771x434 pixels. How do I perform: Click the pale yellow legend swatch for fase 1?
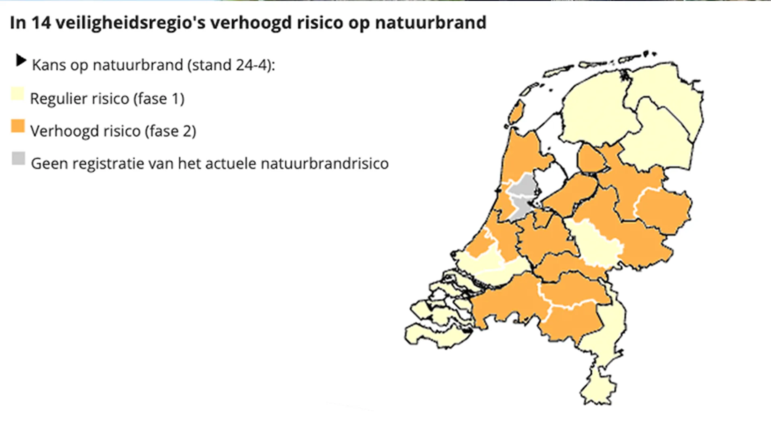click(x=17, y=94)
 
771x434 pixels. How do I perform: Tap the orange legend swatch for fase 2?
click(x=18, y=126)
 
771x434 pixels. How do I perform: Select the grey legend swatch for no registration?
click(x=18, y=158)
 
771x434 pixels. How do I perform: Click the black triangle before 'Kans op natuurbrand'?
click(x=20, y=61)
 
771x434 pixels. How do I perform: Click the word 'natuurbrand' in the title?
click(x=430, y=23)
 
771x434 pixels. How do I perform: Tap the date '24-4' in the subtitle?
click(x=251, y=65)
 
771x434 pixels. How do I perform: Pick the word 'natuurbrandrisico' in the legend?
click(x=324, y=164)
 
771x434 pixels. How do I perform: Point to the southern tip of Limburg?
click(x=598, y=390)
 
